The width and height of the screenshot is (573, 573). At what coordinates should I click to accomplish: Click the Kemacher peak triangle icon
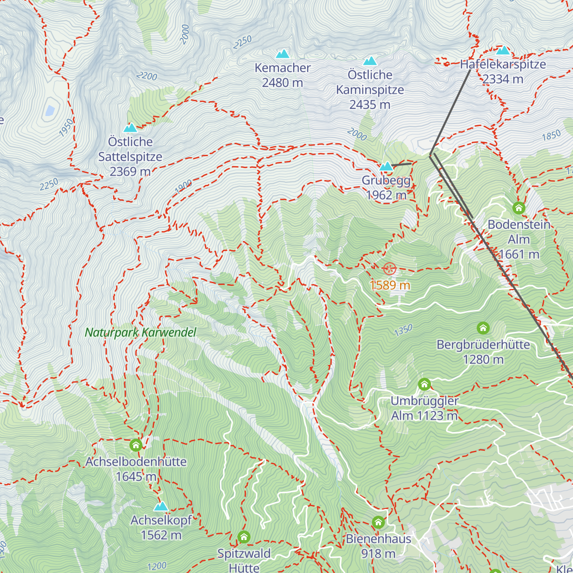click(x=283, y=54)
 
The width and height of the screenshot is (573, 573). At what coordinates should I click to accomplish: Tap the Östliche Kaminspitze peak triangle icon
click(x=370, y=61)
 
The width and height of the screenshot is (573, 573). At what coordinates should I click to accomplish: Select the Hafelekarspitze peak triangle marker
click(x=503, y=51)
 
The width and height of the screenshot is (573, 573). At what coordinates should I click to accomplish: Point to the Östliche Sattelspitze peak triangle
click(x=130, y=128)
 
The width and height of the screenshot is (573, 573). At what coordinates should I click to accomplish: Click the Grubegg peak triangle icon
click(x=386, y=167)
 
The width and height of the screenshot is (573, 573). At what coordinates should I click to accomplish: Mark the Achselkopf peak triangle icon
click(x=161, y=506)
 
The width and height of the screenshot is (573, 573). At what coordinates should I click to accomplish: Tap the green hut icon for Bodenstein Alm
click(x=519, y=208)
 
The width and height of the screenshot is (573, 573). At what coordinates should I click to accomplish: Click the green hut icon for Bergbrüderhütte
click(x=483, y=328)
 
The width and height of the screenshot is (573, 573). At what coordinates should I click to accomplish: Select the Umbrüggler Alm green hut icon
click(x=424, y=384)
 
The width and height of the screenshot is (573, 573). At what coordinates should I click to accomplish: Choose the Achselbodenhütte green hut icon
click(x=136, y=446)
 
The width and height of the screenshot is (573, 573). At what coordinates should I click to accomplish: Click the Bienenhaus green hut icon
click(x=378, y=522)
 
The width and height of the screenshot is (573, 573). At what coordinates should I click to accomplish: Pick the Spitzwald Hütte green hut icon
click(x=244, y=537)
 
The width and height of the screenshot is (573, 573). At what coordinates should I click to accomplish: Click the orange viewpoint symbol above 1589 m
click(x=390, y=269)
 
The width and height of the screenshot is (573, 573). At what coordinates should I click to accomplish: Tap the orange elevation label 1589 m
click(x=390, y=285)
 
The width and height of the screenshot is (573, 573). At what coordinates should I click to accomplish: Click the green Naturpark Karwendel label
click(x=140, y=333)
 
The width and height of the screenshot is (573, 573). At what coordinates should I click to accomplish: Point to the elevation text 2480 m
click(x=282, y=83)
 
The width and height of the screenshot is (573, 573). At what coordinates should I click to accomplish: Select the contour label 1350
click(x=403, y=330)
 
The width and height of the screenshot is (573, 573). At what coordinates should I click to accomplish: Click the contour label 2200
click(x=146, y=76)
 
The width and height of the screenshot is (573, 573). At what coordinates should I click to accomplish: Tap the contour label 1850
click(x=551, y=136)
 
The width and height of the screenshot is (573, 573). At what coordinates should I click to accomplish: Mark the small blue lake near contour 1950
click(x=50, y=111)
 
